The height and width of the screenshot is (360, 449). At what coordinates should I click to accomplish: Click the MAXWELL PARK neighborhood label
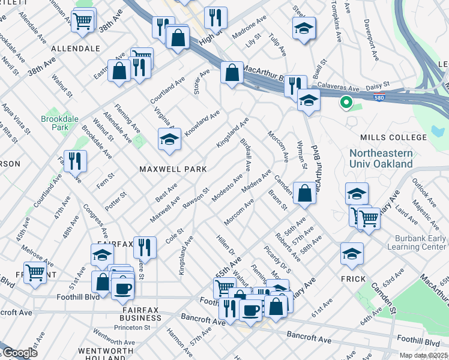point(173,169)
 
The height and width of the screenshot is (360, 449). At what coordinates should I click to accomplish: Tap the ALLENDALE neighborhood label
point(75,48)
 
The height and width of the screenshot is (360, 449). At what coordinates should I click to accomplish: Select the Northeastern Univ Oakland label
point(381,158)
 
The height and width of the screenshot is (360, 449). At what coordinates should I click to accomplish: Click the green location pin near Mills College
point(345,103)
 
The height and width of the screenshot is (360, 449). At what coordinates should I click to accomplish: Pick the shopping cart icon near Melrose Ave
point(35,272)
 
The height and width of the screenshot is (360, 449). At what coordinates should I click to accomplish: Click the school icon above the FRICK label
point(352,253)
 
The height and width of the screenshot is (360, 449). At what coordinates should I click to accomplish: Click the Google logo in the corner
point(20,352)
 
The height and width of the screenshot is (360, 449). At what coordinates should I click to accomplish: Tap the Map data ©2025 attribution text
point(424,355)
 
